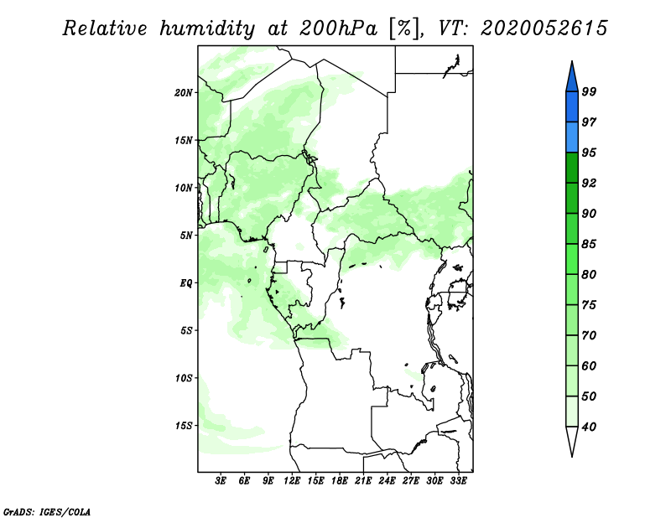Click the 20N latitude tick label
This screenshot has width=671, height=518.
point(184,93)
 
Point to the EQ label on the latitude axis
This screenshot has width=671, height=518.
point(185,283)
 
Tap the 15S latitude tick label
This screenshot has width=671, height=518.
point(184,426)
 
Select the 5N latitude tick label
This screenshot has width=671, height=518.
point(185,236)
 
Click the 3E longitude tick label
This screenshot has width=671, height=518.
point(221,481)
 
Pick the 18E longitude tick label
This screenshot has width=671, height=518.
point(340,481)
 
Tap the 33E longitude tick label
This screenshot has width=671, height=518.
point(458,481)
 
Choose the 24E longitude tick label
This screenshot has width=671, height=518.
point(387,481)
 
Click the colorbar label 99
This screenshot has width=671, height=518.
point(589,91)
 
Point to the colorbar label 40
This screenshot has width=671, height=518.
point(589,427)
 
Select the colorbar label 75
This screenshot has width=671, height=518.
point(589,305)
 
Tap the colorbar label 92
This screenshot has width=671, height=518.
point(589,183)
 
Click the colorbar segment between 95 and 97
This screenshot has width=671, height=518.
point(572,137)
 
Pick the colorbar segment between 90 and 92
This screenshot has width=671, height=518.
point(572,198)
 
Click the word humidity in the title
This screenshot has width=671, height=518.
point(207,28)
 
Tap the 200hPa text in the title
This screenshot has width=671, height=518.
point(339,28)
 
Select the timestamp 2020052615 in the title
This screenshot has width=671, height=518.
point(544,28)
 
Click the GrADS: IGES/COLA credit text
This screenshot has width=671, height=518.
point(47,511)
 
